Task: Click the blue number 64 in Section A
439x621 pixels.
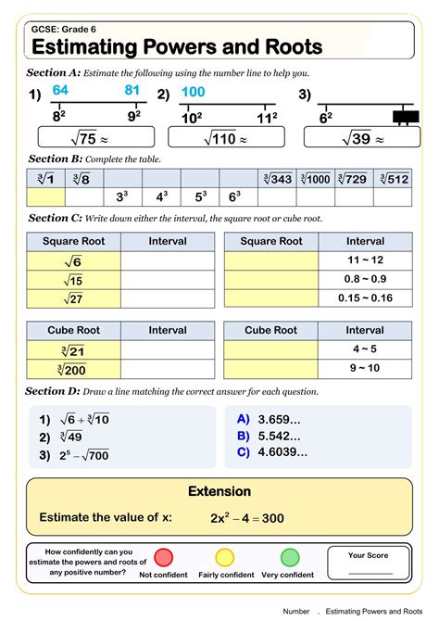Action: [60, 90]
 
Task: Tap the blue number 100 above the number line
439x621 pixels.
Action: [193, 92]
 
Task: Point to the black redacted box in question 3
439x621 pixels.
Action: [405, 118]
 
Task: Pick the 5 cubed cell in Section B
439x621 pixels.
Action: [201, 196]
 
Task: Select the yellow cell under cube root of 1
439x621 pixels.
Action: [45, 196]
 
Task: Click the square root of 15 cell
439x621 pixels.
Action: [75, 280]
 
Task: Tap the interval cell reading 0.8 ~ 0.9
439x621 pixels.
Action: [365, 279]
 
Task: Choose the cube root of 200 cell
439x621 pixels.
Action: [75, 368]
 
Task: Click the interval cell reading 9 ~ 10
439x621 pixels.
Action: [365, 368]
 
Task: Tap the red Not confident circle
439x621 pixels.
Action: [164, 557]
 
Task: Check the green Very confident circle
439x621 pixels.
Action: [290, 557]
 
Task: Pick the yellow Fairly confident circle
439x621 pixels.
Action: [225, 557]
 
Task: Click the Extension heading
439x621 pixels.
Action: [219, 491]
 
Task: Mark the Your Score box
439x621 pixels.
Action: [369, 564]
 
